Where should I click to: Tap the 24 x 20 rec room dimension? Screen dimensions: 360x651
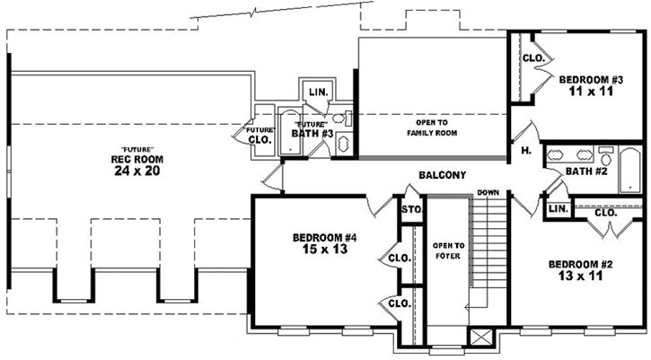pos(135,171)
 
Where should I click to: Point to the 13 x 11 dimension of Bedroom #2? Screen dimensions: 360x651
pos(580,277)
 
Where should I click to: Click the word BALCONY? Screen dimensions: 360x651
pos(441,175)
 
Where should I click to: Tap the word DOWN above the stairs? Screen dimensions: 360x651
pos(488,193)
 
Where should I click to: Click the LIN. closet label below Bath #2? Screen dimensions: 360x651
pos(558,209)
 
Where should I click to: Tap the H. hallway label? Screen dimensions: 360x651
pos(525,152)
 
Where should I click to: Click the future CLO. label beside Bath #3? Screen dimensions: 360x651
pos(260,136)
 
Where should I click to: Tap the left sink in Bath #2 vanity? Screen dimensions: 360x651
pos(555,152)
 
